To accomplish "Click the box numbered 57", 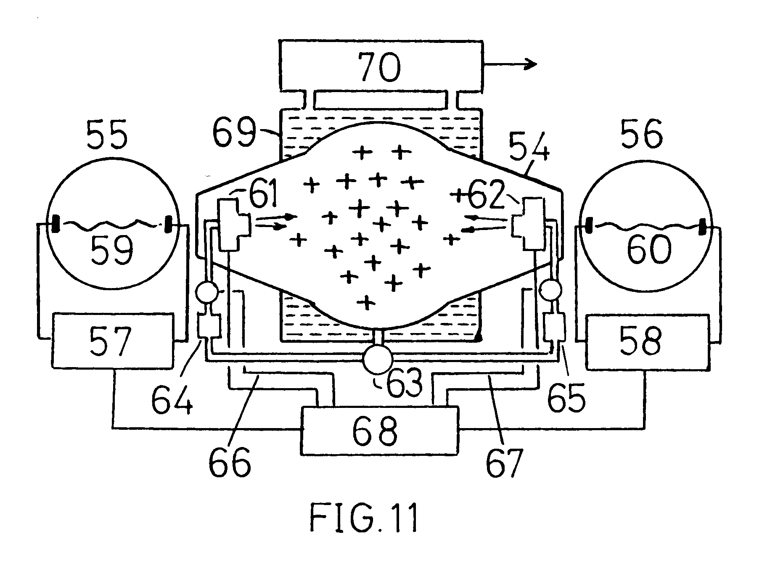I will tap(112, 340).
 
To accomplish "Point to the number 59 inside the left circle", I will tap(112, 249).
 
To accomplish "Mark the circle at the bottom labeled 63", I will tap(378, 360).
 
